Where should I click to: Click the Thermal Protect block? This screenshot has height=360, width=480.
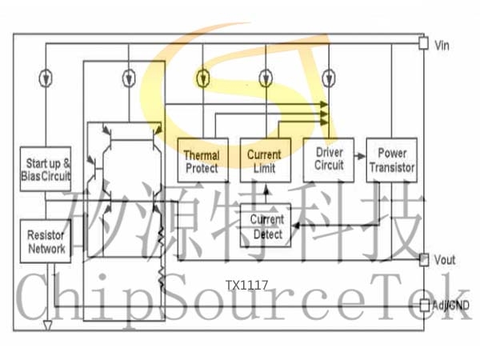203,160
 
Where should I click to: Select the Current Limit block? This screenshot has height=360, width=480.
266,160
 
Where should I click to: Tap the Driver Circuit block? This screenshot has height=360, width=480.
329,160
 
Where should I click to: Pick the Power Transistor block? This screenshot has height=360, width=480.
392,160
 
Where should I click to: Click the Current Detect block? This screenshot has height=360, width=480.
266,226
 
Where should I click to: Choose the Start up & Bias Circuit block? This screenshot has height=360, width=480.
46,169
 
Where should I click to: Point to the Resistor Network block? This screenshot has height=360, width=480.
46,241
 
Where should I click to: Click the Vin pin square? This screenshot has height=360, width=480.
423,43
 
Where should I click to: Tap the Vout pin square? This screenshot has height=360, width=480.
424,260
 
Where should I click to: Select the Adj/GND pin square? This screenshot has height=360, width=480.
424,306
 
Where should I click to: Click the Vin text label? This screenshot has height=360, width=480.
442,46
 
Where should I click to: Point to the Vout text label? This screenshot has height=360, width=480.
445,260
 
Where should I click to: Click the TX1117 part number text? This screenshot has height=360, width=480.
246,286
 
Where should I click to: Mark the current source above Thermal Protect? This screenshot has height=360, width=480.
202,78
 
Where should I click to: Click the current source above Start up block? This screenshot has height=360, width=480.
46,78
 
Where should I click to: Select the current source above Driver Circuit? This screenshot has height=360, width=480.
329,78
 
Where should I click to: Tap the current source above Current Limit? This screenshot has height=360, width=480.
266,78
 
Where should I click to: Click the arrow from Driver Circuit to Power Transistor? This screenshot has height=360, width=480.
360,156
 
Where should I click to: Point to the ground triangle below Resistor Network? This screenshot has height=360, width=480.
47,326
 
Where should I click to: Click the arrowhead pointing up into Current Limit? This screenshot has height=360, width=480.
266,190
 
